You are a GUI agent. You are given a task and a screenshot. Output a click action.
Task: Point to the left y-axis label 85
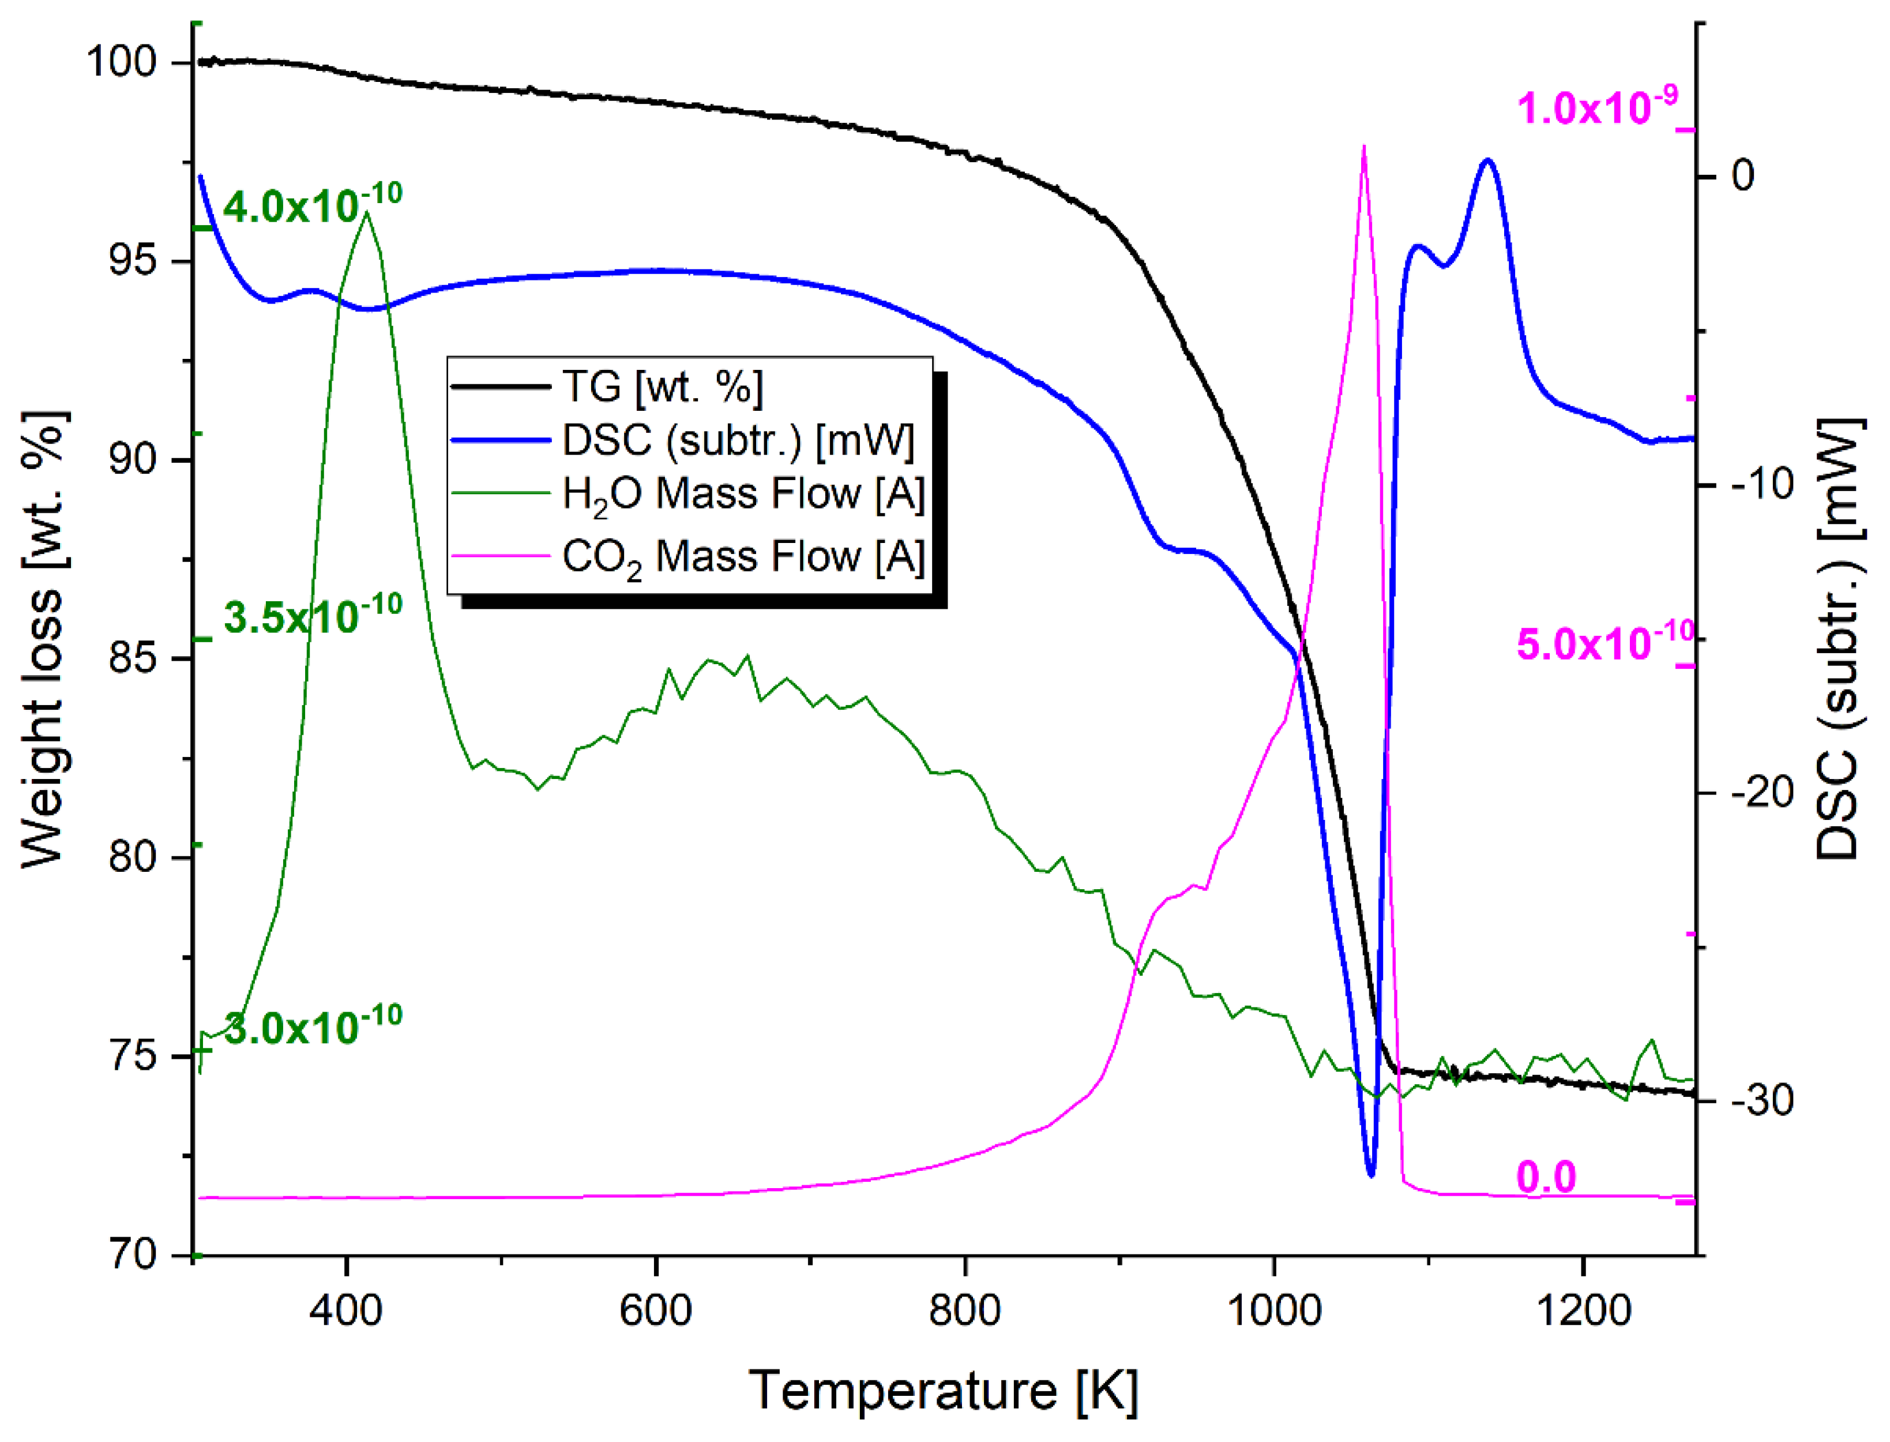point(134,659)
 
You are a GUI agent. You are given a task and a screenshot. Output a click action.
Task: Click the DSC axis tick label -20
point(1762,791)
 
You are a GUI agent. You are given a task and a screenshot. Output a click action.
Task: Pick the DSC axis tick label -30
point(1762,1100)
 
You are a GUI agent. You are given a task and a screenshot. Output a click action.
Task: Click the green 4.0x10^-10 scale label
point(312,206)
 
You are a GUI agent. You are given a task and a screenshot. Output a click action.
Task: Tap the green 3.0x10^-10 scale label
point(312,1028)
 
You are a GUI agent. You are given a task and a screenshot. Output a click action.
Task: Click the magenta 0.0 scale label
point(1546,1177)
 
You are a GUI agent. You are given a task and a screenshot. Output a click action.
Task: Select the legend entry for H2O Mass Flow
point(743,495)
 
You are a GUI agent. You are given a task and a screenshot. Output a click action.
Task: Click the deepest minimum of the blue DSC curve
point(1370,1174)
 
